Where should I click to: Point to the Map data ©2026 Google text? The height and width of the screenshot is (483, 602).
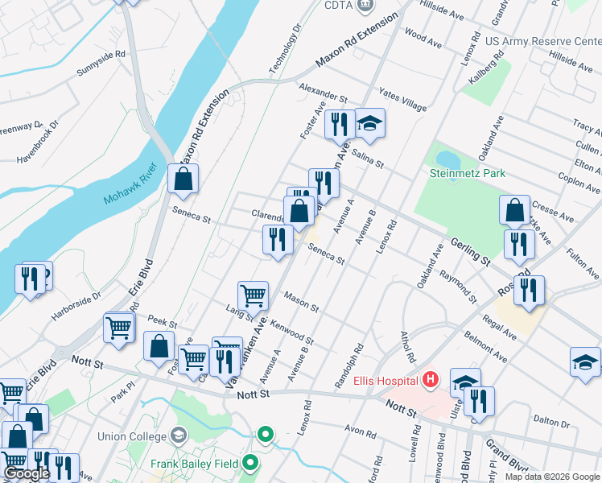tap(551, 477)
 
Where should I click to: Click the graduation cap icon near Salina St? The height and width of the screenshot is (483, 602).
tap(369, 123)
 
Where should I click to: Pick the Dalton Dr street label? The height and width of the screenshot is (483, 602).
tap(552, 420)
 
